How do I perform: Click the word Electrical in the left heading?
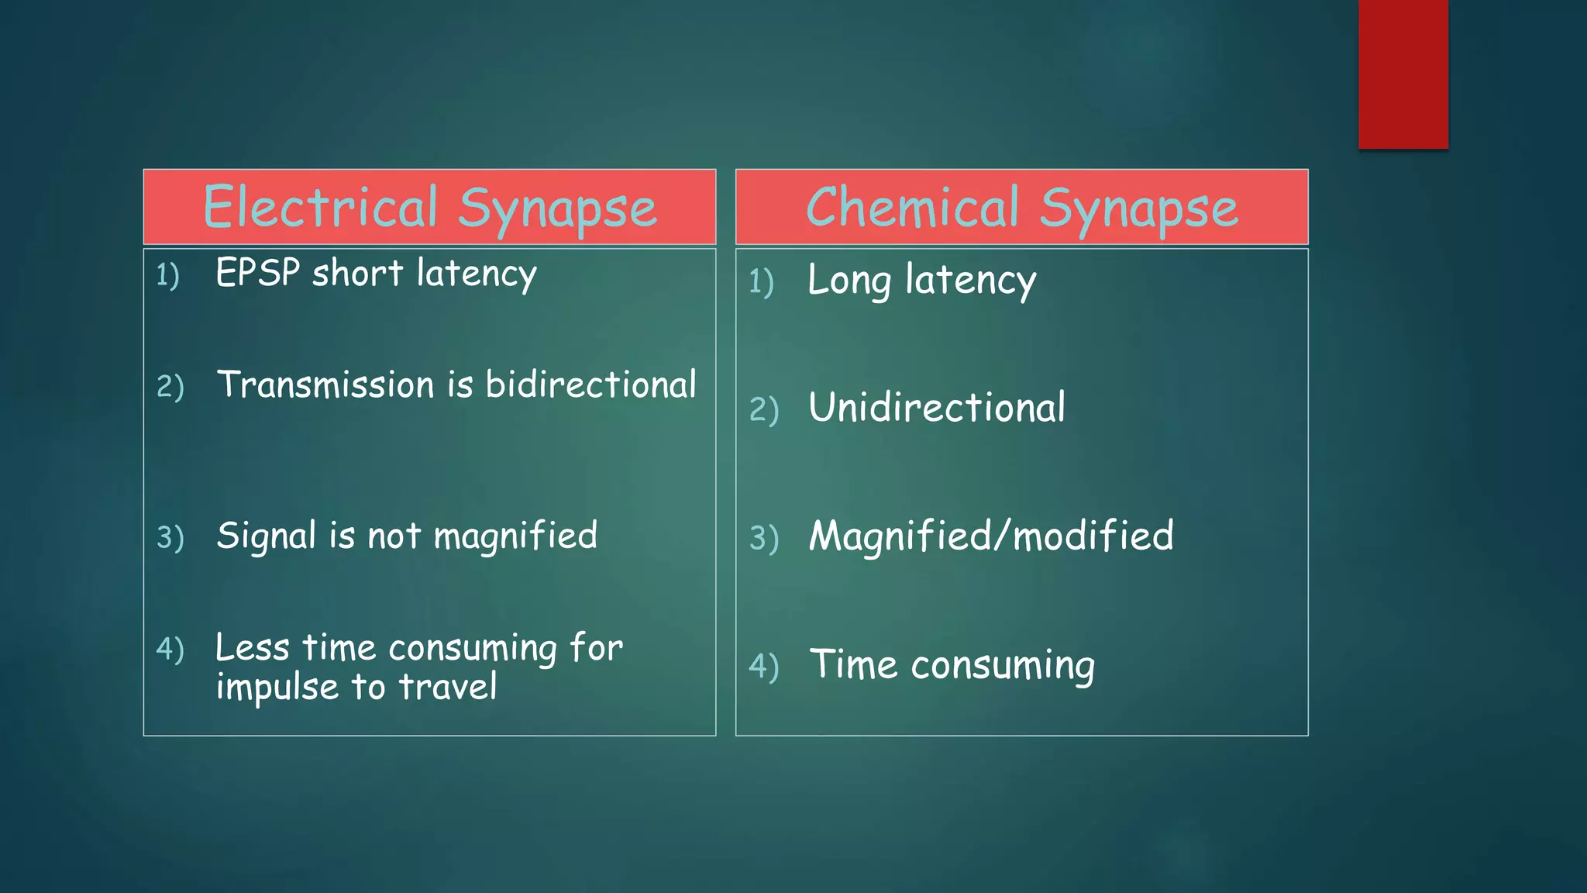320,207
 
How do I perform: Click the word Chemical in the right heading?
912,207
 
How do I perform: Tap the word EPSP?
257,273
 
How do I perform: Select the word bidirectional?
590,384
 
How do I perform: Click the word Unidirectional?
936,408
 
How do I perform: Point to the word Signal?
267,536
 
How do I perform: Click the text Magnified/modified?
990,536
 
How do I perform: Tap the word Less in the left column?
252,647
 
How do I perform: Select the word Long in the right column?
849,280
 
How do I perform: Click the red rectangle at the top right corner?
1403,74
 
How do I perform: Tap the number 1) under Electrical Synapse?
167,275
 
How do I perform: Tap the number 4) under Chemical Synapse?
763,666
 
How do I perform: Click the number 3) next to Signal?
170,537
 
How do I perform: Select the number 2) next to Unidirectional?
763,409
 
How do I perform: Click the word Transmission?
325,384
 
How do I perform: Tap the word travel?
447,687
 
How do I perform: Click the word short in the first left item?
357,273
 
